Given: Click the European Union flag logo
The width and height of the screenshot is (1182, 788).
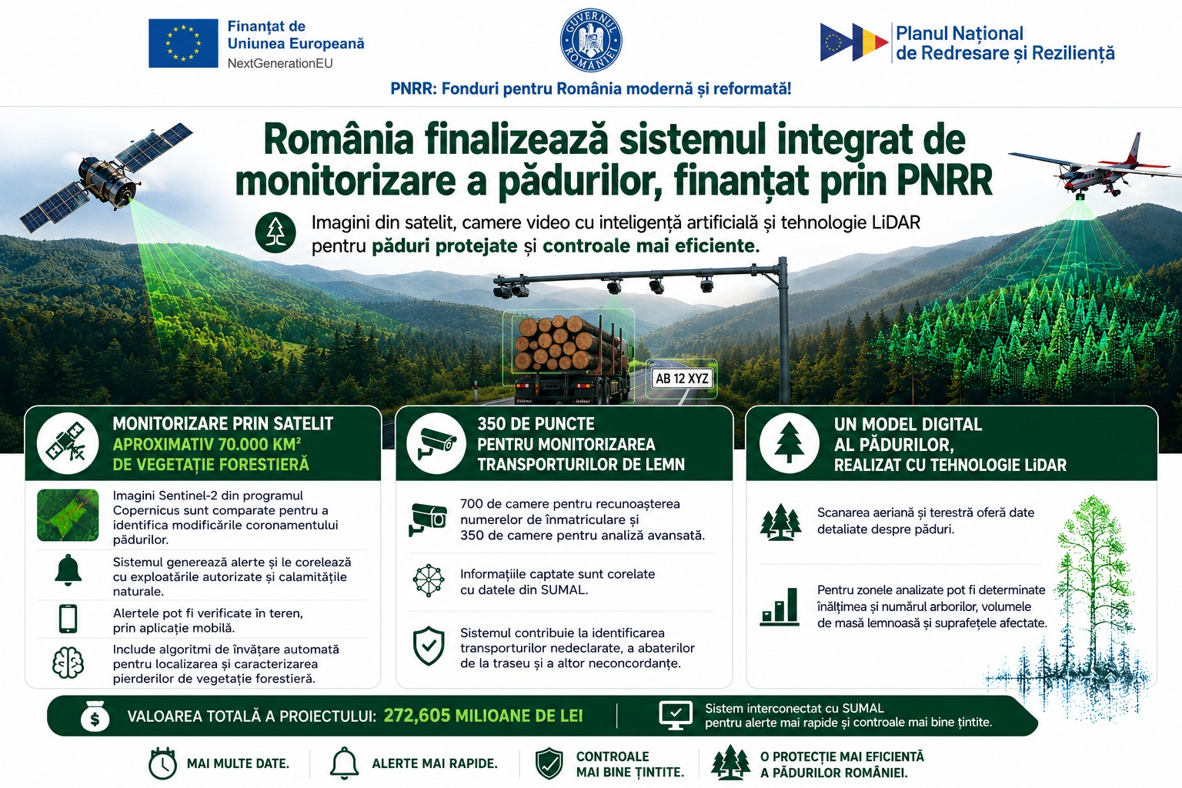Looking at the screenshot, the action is [x=183, y=43].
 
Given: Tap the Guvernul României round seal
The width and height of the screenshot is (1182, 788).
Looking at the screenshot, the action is [x=590, y=40].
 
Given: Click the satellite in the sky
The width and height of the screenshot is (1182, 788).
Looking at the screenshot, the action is [x=105, y=176].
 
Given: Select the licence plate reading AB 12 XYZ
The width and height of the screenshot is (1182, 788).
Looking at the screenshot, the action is [x=683, y=379].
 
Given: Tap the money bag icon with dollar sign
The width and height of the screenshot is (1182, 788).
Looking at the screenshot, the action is [x=95, y=716].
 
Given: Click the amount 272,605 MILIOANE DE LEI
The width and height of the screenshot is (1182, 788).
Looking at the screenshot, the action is [x=482, y=716].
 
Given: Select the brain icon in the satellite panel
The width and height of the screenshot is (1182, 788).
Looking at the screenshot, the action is [x=68, y=663].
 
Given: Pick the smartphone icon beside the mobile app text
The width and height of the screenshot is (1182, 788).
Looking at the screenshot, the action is [x=68, y=618].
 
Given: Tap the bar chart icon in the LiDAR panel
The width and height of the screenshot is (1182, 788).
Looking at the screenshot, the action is [x=780, y=607].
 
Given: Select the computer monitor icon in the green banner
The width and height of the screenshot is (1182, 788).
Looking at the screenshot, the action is [x=676, y=716].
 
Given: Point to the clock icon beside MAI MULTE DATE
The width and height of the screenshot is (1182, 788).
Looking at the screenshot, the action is [x=162, y=763].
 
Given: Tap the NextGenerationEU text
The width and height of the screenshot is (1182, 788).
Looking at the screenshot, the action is [x=280, y=63].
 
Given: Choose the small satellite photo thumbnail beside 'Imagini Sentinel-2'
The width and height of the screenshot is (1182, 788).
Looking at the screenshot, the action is [x=68, y=515].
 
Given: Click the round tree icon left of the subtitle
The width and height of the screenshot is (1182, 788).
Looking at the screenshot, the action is [x=275, y=232].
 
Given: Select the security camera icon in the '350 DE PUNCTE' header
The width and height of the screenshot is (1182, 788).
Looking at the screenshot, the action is [x=436, y=443].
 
